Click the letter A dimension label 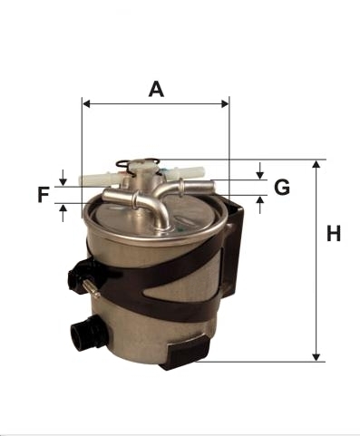pyautogui.click(x=156, y=89)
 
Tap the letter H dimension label pyautogui.click(x=334, y=233)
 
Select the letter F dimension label pyautogui.click(x=44, y=195)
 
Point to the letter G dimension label pyautogui.click(x=282, y=187)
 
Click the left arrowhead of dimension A pyautogui.click(x=86, y=104)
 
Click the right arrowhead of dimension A pyautogui.click(x=225, y=104)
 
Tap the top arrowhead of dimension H pyautogui.click(x=316, y=164)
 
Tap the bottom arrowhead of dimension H pyautogui.click(x=316, y=357)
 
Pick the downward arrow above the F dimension pyautogui.click(x=63, y=178)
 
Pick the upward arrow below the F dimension pyautogui.click(x=63, y=213)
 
